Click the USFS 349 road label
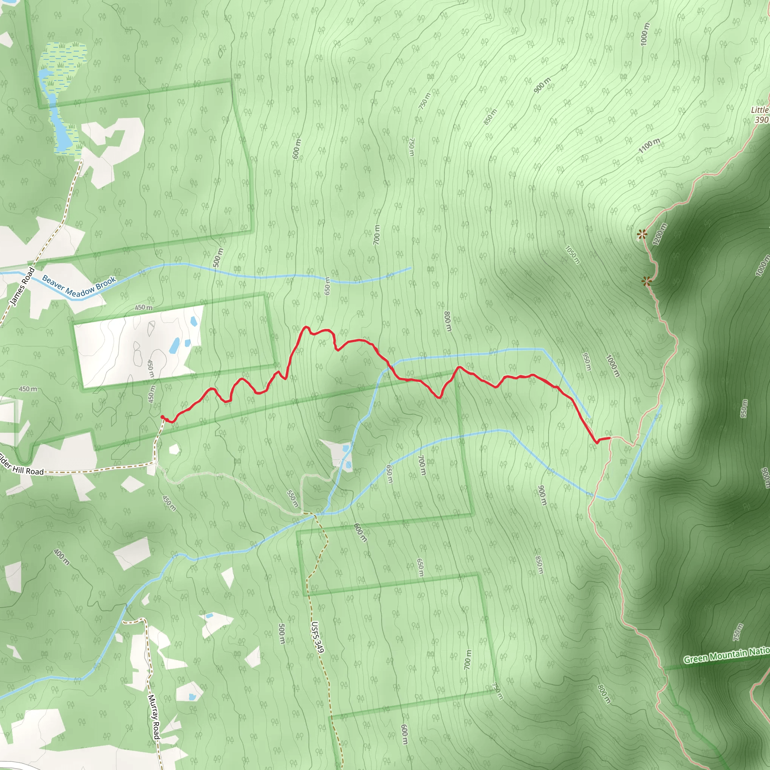[x=318, y=637]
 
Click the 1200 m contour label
[x=659, y=233]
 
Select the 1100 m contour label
[x=649, y=146]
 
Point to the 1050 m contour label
[x=572, y=255]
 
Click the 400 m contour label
[x=61, y=557]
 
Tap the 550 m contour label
[x=293, y=498]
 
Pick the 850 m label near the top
[x=491, y=117]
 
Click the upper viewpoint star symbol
[x=641, y=233]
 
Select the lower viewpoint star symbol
[x=646, y=281]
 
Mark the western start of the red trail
[x=162, y=417]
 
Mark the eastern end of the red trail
[x=610, y=438]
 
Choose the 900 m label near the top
[x=542, y=86]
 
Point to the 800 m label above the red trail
[x=447, y=321]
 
